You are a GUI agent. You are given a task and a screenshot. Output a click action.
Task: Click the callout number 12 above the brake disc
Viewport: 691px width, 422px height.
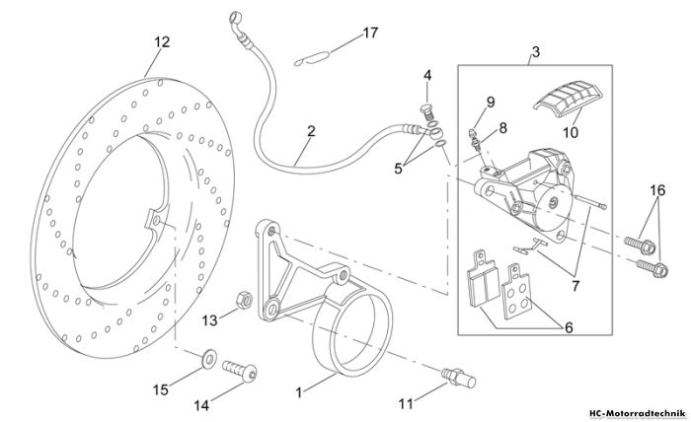point(162,42)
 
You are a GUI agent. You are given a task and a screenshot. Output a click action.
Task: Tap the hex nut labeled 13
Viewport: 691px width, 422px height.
point(244,300)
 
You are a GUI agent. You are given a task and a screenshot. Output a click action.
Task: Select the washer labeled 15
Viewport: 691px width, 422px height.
point(209,358)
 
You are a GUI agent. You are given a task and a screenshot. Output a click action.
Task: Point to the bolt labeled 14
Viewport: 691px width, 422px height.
point(240,371)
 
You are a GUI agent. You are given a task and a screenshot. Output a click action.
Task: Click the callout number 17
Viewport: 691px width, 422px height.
point(370,33)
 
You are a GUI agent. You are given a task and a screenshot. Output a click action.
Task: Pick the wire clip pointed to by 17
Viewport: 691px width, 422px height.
point(312,58)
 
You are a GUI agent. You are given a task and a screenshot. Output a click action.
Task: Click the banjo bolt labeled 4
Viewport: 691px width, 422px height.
point(426,113)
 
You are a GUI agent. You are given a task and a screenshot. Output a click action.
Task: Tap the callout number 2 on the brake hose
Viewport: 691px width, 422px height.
point(311,131)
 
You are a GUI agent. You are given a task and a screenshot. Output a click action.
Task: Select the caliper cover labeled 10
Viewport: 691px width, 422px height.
point(568,99)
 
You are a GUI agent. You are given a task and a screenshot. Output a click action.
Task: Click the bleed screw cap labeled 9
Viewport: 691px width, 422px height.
point(473,131)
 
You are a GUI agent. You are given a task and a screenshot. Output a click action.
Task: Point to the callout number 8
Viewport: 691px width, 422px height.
point(502,128)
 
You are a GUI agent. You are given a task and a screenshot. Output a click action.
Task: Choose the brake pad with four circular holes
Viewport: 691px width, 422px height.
point(516,291)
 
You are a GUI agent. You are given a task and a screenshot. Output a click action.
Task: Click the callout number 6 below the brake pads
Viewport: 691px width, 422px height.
point(569,327)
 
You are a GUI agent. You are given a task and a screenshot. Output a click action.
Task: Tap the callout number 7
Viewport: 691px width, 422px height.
point(576,286)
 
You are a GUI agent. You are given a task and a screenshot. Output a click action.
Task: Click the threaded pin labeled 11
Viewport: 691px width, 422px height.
point(459,379)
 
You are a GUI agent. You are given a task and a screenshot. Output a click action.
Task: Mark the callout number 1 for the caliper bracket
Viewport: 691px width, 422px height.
point(299,392)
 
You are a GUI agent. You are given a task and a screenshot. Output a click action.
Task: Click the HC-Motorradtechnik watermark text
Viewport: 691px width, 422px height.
point(638,414)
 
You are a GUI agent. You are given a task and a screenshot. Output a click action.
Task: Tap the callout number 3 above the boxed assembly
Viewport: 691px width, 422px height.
point(535,52)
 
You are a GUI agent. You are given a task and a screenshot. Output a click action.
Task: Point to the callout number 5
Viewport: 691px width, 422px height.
point(399,169)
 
